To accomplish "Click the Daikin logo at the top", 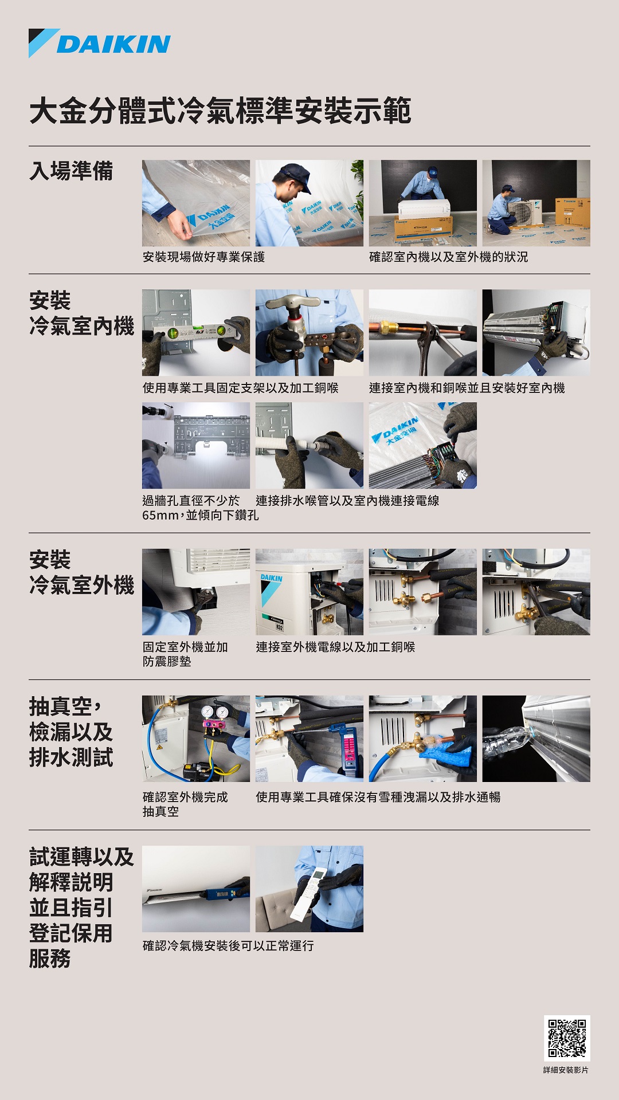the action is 100,44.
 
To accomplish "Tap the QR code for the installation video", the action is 567,1038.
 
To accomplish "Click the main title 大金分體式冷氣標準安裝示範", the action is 221,111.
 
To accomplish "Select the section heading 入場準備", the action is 72,171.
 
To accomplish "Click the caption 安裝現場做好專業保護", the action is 203,257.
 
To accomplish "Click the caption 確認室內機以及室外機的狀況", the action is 449,257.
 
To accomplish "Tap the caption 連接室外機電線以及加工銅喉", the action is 335,647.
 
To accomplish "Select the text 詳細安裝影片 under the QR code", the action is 566,1070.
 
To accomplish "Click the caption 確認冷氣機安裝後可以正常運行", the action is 228,946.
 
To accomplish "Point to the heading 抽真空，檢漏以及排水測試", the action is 71,732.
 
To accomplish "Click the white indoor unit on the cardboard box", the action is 424,209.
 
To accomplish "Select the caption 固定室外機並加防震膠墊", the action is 185,654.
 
